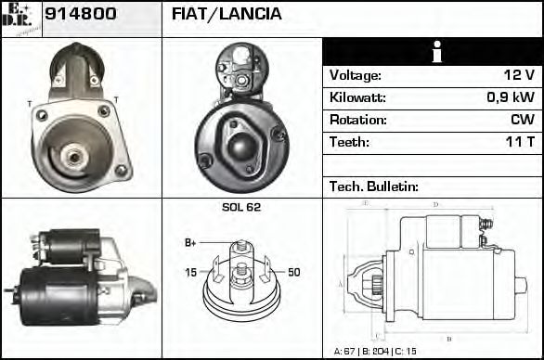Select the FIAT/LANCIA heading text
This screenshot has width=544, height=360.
pos(227,16)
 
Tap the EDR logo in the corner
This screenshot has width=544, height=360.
pos(21,18)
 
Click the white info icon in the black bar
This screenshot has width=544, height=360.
pos(433,52)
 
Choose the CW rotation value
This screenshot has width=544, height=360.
pos(522,121)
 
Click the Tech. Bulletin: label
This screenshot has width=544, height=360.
pos(374,186)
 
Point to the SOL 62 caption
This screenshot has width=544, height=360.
pos(241,207)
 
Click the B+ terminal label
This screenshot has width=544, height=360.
pos(190,243)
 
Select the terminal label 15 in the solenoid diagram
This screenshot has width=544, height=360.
pos(190,272)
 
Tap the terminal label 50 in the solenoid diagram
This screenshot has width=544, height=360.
pos(293,272)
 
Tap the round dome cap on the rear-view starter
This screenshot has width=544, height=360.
pos(241,146)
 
